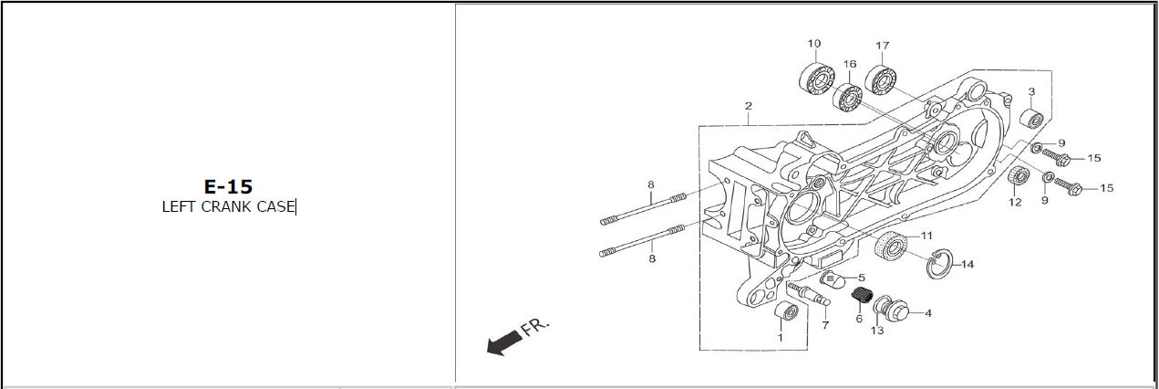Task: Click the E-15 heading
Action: pos(228,186)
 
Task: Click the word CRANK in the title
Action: pos(226,206)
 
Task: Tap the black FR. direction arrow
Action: pos(504,342)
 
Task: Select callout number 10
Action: pos(814,44)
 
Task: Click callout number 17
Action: pos(882,46)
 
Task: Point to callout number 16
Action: pos(850,64)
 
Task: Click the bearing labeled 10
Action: pos(816,80)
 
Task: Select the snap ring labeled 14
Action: pos(938,264)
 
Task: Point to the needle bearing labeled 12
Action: pos(1019,176)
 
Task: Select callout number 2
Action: pos(748,106)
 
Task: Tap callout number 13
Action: pos(877,331)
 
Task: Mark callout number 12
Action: pos(1015,202)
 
